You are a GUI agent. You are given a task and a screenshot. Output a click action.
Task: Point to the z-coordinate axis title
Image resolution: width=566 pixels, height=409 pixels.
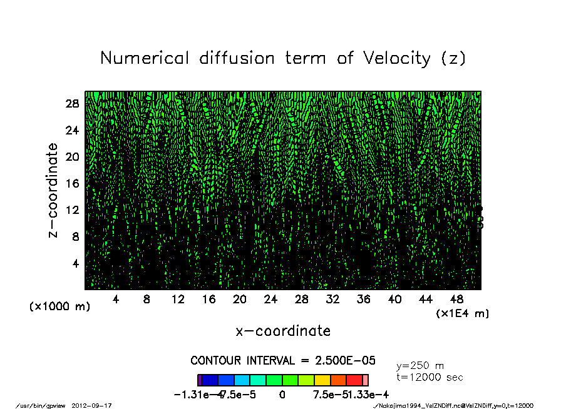(53, 190)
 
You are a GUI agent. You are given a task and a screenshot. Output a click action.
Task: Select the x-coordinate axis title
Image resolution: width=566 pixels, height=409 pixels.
(283, 331)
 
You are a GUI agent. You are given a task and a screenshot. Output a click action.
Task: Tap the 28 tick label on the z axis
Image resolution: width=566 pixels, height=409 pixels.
(72, 104)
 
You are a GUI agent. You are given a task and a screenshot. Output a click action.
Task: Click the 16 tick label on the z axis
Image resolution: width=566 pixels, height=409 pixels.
(72, 183)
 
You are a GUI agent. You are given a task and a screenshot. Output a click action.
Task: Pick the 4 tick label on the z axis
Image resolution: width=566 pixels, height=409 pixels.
(75, 263)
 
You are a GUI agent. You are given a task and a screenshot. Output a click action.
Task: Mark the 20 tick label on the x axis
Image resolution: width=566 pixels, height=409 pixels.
(239, 300)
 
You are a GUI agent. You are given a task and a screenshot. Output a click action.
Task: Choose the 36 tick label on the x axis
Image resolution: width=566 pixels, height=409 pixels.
(363, 300)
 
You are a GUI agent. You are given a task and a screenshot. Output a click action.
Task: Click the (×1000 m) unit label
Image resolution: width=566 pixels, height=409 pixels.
(60, 306)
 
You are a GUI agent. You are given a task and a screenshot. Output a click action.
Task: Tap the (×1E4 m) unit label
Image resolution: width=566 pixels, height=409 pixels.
(462, 313)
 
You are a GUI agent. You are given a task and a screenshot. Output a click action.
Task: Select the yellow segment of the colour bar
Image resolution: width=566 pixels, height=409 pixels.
(322, 380)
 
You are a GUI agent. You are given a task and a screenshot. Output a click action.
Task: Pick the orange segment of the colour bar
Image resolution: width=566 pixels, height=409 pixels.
(339, 380)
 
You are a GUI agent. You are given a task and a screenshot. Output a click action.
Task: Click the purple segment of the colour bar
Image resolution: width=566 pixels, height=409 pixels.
(200, 380)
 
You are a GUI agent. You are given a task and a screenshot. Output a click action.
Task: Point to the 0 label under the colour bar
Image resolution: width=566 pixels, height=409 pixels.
(282, 395)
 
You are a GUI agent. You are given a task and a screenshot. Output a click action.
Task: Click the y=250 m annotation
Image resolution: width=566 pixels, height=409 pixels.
(420, 366)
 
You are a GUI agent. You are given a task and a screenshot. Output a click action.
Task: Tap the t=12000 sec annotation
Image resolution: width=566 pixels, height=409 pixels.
(430, 377)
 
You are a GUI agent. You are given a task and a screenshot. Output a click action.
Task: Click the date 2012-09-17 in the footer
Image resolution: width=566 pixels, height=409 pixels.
(96, 406)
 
